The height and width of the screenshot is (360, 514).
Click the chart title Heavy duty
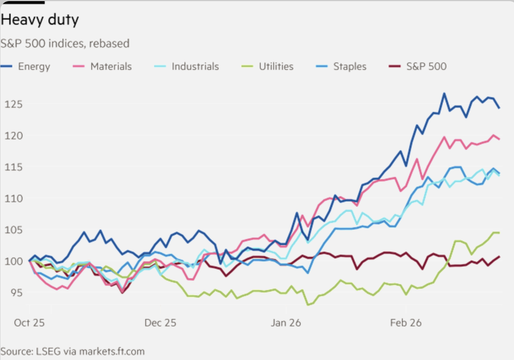click(x=40, y=20)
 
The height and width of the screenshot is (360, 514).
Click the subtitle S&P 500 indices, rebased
click(x=65, y=44)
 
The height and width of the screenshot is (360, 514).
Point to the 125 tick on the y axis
click(x=13, y=104)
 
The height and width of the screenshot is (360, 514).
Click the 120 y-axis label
click(x=13, y=136)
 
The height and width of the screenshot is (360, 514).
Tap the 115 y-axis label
click(x=13, y=167)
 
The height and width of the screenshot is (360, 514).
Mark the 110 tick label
click(x=13, y=198)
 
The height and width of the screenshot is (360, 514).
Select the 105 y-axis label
click(x=13, y=230)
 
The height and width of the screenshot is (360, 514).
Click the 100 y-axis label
click(x=13, y=261)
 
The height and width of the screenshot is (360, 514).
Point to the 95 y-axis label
click(x=16, y=293)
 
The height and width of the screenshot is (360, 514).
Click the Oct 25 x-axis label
click(x=29, y=323)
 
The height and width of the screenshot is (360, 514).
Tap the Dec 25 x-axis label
click(x=160, y=323)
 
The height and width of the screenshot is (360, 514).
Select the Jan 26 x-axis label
click(x=286, y=323)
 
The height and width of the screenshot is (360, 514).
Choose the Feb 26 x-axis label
click(x=406, y=323)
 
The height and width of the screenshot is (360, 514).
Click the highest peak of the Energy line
click(x=444, y=94)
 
